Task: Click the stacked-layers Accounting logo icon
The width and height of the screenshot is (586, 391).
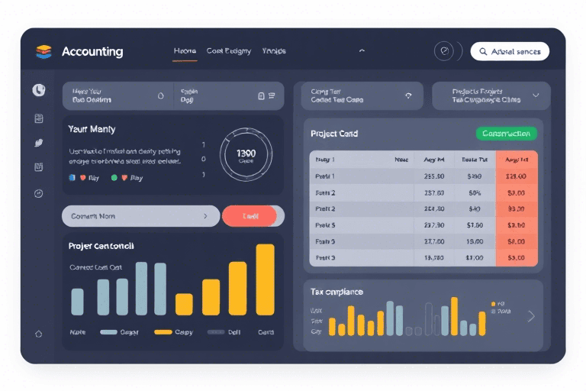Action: pos(43,52)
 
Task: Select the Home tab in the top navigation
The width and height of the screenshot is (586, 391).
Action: pos(185,51)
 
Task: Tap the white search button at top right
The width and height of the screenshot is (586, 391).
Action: pos(510,51)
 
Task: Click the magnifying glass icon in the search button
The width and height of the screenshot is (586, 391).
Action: pos(483,52)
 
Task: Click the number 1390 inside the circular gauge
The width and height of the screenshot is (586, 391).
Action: pos(246,153)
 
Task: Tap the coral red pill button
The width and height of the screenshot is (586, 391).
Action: pos(250,216)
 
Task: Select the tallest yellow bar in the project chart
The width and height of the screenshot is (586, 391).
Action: pos(265,280)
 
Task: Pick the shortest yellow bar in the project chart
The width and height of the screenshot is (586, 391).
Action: pos(184,304)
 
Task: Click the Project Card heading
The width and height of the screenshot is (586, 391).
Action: pos(334,134)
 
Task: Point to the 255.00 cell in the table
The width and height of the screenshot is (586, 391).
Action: pos(433,176)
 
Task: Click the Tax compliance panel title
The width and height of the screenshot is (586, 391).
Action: pos(336,292)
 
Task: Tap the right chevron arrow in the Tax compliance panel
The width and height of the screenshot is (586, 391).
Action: pos(531,316)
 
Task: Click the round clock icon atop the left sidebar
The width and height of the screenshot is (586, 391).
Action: pos(39,90)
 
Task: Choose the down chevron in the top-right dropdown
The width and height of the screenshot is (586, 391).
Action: pos(536,95)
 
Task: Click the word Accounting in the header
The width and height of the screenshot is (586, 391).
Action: pos(92,52)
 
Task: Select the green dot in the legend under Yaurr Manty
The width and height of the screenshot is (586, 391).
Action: pos(114,177)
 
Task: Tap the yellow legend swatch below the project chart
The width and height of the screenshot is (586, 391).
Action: pos(163,332)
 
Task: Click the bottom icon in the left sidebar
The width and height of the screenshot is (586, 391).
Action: pos(39,334)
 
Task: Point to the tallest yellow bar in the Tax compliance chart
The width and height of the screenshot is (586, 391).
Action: pos(454,316)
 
